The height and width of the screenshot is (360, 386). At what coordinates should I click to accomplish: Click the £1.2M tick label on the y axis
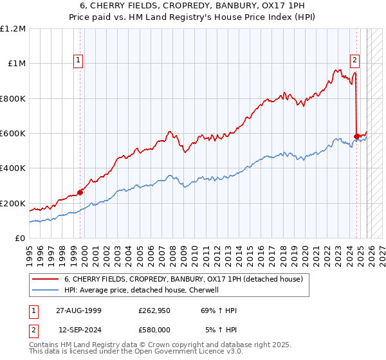point(13,29)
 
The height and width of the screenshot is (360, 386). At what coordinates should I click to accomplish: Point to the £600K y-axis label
point(13,134)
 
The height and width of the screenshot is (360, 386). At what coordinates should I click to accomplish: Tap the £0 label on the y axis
point(19,239)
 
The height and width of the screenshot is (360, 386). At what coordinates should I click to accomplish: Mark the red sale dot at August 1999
point(80,192)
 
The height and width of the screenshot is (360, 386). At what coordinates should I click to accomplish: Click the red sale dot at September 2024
point(357,136)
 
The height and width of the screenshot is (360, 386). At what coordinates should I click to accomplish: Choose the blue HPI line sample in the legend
point(45,290)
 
